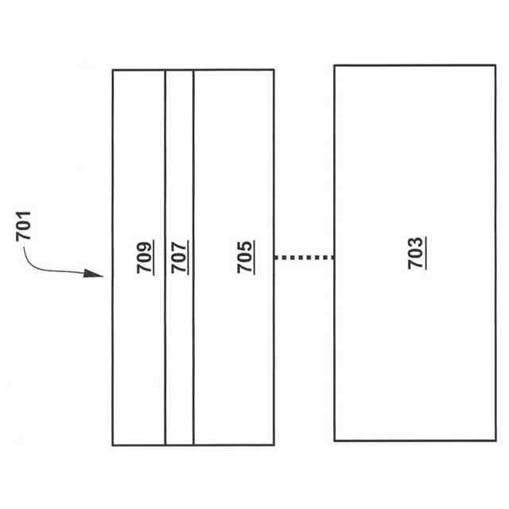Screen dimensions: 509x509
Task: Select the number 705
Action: pos(244,256)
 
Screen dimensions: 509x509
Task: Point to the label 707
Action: pos(179,256)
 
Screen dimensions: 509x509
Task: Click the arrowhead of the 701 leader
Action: pos(99,275)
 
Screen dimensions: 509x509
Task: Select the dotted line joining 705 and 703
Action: pos(304,257)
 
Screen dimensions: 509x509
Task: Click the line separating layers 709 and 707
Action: pos(165,358)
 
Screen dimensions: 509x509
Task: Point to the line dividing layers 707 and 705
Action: pos(193,358)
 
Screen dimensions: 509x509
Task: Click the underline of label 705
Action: pos(254,256)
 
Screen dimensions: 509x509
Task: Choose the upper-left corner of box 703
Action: pos(334,66)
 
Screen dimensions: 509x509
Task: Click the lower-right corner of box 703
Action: pos(495,440)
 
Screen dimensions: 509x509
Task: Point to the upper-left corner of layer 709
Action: pos(113,70)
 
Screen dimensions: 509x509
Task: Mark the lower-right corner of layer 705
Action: pos(274,445)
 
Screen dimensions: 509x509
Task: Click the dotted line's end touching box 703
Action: pos(332,257)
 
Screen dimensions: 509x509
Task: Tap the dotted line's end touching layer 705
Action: pos(276,257)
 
